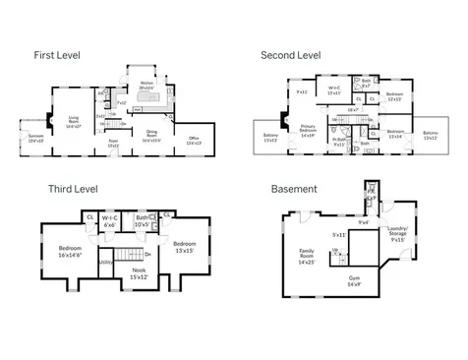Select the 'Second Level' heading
tap(292, 55)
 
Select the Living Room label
tap(75, 122)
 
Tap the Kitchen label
tap(147, 85)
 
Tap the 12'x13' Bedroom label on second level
tap(393, 96)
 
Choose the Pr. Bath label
tap(337, 142)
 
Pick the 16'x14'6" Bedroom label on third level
tap(71, 251)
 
